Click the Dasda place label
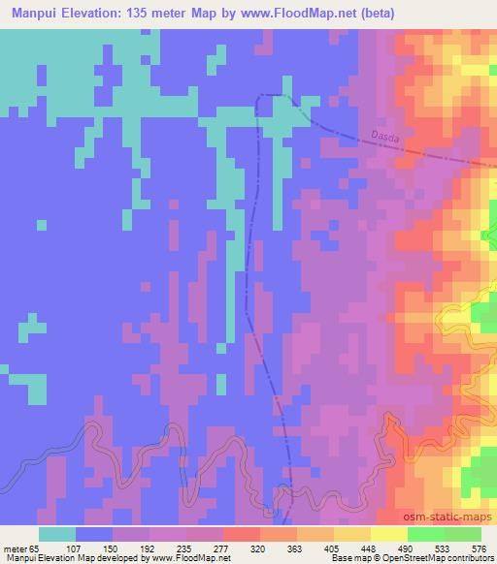384,137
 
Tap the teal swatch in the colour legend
57,534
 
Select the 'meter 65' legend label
18,548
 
